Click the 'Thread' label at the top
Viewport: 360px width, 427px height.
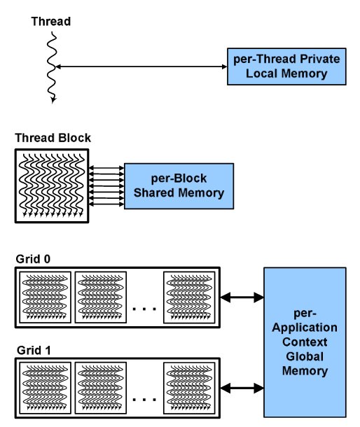pyautogui.click(x=51, y=22)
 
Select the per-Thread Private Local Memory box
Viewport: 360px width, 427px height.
pyautogui.click(x=286, y=66)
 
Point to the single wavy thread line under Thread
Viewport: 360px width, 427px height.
pyautogui.click(x=52, y=67)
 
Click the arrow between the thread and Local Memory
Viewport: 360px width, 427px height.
pyautogui.click(x=141, y=66)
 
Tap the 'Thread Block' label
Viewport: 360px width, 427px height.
pyautogui.click(x=53, y=138)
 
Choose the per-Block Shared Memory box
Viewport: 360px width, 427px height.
pyautogui.click(x=179, y=186)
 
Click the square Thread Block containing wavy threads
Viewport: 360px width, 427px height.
pyautogui.click(x=52, y=185)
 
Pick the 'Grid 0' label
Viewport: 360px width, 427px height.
pyautogui.click(x=33, y=259)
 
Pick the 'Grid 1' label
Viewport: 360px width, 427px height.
pyautogui.click(x=34, y=350)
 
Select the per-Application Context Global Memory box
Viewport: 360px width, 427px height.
pyautogui.click(x=305, y=342)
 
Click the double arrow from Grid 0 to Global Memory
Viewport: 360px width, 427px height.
pyautogui.click(x=242, y=297)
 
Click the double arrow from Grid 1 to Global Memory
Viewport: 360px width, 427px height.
pyautogui.click(x=242, y=388)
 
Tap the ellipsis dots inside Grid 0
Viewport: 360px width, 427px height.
pyautogui.click(x=144, y=309)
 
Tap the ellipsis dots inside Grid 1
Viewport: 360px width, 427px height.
pyautogui.click(x=144, y=400)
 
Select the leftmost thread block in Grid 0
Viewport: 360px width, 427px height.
pyautogui.click(x=46, y=297)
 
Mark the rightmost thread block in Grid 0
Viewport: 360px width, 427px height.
pyautogui.click(x=189, y=297)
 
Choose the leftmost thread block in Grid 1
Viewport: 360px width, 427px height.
pyautogui.click(x=46, y=388)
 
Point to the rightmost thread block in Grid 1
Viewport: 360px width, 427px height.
pyautogui.click(x=189, y=388)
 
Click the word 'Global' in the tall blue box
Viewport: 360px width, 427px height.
pyautogui.click(x=305, y=356)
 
